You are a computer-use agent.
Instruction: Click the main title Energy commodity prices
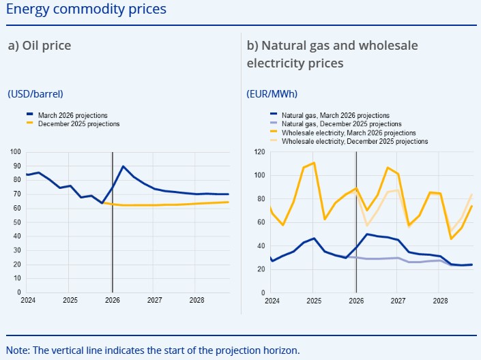85,10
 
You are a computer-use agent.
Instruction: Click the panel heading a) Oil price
40,46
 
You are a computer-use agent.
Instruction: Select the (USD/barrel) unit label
40,94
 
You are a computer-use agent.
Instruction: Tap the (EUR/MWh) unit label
272,94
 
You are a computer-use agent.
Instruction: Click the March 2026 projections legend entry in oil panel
72,115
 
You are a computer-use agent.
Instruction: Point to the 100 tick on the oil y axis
15,152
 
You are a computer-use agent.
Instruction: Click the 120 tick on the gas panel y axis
259,152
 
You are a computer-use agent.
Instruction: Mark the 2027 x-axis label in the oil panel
154,300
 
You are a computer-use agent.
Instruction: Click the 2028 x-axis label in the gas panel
441,300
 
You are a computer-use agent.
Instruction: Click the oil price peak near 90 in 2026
123,166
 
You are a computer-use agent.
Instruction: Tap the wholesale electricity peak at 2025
313,163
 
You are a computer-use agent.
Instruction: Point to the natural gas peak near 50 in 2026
367,235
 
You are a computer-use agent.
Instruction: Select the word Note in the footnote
17,350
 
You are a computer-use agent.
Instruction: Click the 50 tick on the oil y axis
17,222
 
